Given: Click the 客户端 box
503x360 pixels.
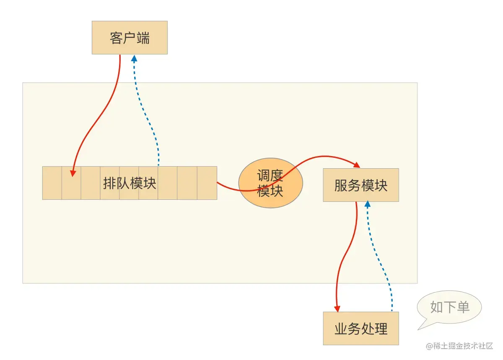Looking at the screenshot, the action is pyautogui.click(x=130, y=38).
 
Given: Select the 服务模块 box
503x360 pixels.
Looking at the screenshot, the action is pyautogui.click(x=360, y=185).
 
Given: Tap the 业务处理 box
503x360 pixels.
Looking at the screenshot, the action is pyautogui.click(x=360, y=329).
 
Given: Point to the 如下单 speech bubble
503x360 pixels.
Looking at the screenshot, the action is pyautogui.click(x=449, y=307).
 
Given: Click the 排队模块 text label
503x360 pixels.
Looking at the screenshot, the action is pyautogui.click(x=130, y=183).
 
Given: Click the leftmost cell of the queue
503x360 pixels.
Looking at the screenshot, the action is pyautogui.click(x=52, y=183).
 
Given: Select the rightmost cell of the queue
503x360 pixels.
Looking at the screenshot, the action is pyautogui.click(x=207, y=183).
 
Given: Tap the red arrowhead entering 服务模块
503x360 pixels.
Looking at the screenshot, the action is pyautogui.click(x=357, y=164).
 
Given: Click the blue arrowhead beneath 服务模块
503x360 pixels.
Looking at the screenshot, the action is pyautogui.click(x=368, y=204).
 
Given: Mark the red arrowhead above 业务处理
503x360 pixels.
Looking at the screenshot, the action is pyautogui.click(x=337, y=308).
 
